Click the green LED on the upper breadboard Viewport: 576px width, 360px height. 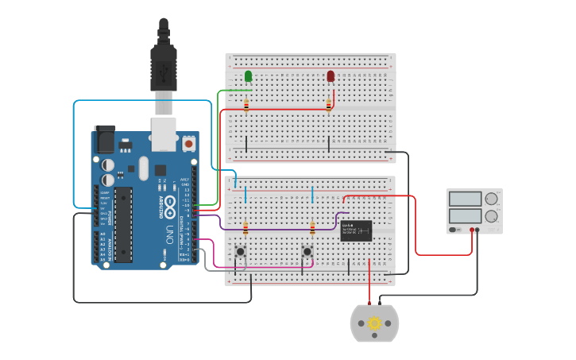[x=249, y=76]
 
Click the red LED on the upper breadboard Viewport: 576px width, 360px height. [x=331, y=76]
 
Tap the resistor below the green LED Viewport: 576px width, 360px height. [x=246, y=104]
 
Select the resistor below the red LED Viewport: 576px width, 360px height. [x=328, y=104]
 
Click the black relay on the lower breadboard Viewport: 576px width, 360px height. [x=356, y=230]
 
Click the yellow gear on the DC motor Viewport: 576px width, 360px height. [x=374, y=323]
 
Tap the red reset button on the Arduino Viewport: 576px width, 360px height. [x=188, y=144]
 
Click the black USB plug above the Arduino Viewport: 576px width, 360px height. [x=163, y=68]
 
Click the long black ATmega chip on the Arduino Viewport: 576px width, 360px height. [x=122, y=225]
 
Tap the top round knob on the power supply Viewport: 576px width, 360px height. [x=492, y=199]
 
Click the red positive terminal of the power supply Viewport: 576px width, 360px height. [x=472, y=230]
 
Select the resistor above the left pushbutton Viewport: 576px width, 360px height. [x=245, y=229]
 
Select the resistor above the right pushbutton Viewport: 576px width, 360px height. [x=312, y=229]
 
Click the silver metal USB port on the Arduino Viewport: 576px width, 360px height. [x=164, y=134]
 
